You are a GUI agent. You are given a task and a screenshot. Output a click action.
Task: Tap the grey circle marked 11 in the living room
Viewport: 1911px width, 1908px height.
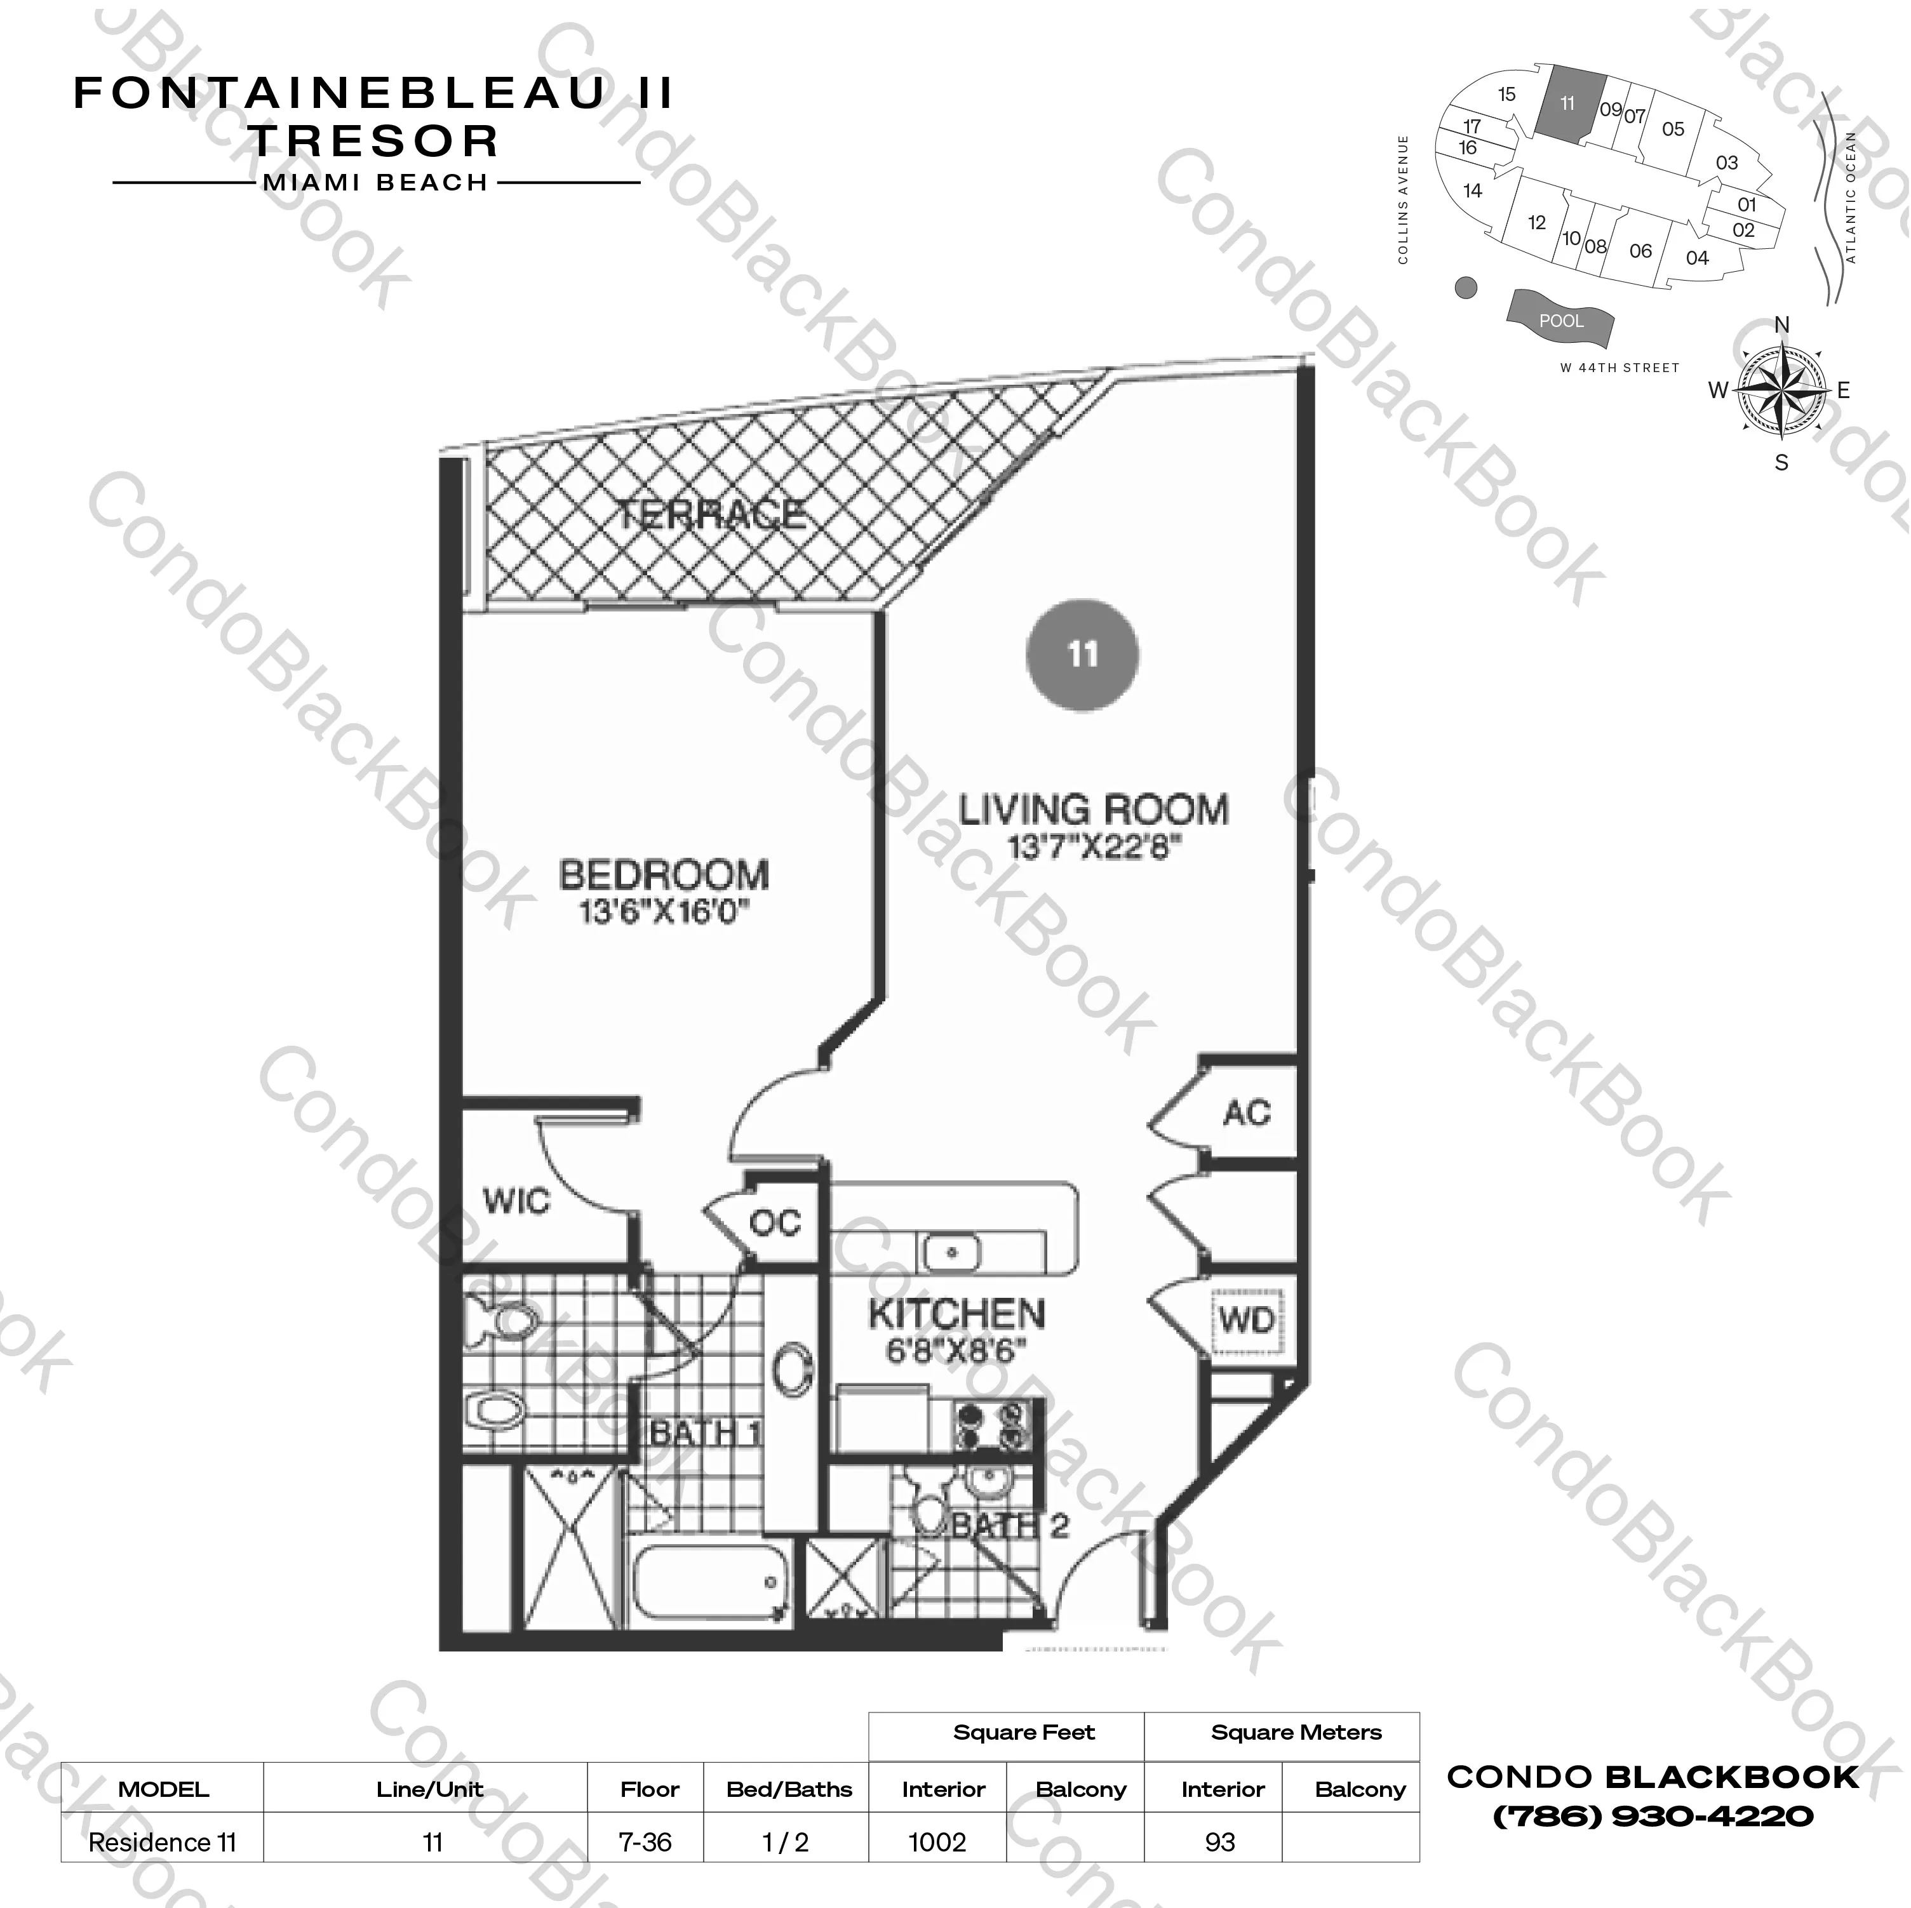click(x=1082, y=655)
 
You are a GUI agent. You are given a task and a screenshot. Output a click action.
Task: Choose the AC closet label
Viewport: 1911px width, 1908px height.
click(x=1246, y=1113)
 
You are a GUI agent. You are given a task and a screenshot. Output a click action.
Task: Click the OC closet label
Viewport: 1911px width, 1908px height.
click(x=774, y=1224)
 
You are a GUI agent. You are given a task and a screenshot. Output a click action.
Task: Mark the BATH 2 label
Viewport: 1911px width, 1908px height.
click(x=1010, y=1526)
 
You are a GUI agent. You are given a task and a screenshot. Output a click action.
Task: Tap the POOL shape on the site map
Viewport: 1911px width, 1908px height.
click(x=1560, y=319)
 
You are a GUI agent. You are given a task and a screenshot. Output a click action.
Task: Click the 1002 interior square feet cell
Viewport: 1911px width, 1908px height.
click(x=937, y=1843)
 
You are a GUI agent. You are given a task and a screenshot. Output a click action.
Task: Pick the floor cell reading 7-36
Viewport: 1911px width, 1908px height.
click(x=645, y=1843)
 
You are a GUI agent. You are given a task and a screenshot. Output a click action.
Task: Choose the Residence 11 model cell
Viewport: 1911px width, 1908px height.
click(x=162, y=1843)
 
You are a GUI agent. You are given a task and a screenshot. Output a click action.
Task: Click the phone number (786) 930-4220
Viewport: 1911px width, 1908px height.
click(x=1652, y=1816)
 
